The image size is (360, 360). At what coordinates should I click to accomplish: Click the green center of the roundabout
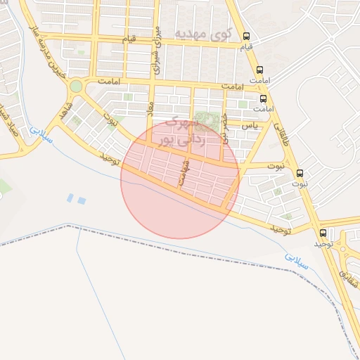point(75,86)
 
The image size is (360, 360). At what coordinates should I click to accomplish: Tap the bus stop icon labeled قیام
point(246,37)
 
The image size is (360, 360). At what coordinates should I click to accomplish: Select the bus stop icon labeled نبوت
point(300,173)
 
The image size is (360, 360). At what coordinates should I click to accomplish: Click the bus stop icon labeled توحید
point(323,233)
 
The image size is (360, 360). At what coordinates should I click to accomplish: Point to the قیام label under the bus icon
point(246,47)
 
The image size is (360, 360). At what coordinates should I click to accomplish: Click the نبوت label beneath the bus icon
point(300,184)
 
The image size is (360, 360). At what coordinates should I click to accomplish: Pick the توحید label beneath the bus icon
point(322,243)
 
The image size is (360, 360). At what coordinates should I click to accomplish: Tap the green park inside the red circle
point(206,120)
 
